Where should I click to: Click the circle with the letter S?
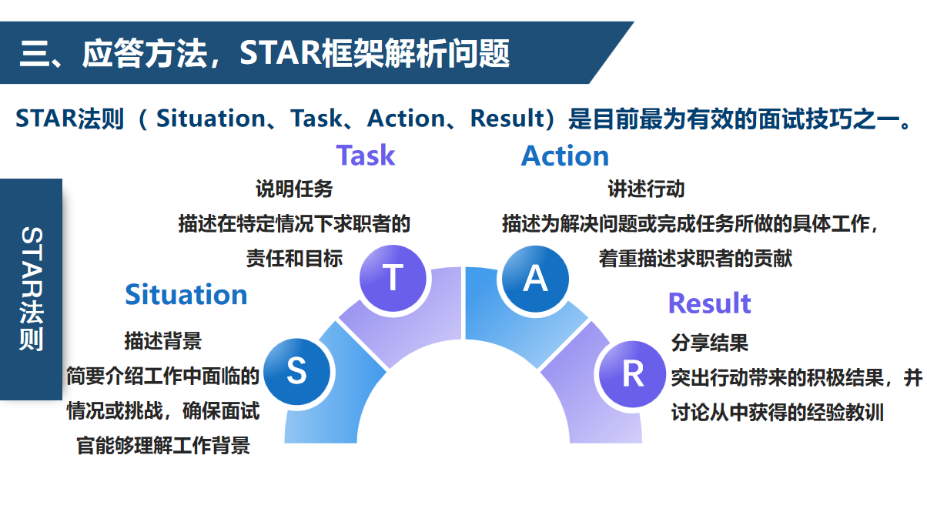point(296,371)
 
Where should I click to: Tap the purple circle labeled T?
point(393,278)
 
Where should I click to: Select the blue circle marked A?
point(536,279)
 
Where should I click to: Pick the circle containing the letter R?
point(632,374)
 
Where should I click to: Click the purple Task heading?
point(366,156)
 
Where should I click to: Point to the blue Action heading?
point(565,156)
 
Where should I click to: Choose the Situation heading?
point(186,295)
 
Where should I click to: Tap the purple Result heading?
point(709,303)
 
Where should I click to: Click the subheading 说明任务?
point(294,189)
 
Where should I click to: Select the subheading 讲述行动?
point(646,189)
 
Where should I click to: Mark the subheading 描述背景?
point(163,341)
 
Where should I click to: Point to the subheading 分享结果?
point(710,343)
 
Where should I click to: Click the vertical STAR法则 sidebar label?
point(32,289)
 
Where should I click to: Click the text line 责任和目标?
point(294,259)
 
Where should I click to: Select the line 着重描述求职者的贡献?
point(695,259)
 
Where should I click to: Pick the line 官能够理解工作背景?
point(163,446)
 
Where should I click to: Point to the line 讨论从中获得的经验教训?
point(777,413)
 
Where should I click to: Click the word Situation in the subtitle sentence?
point(211,119)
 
